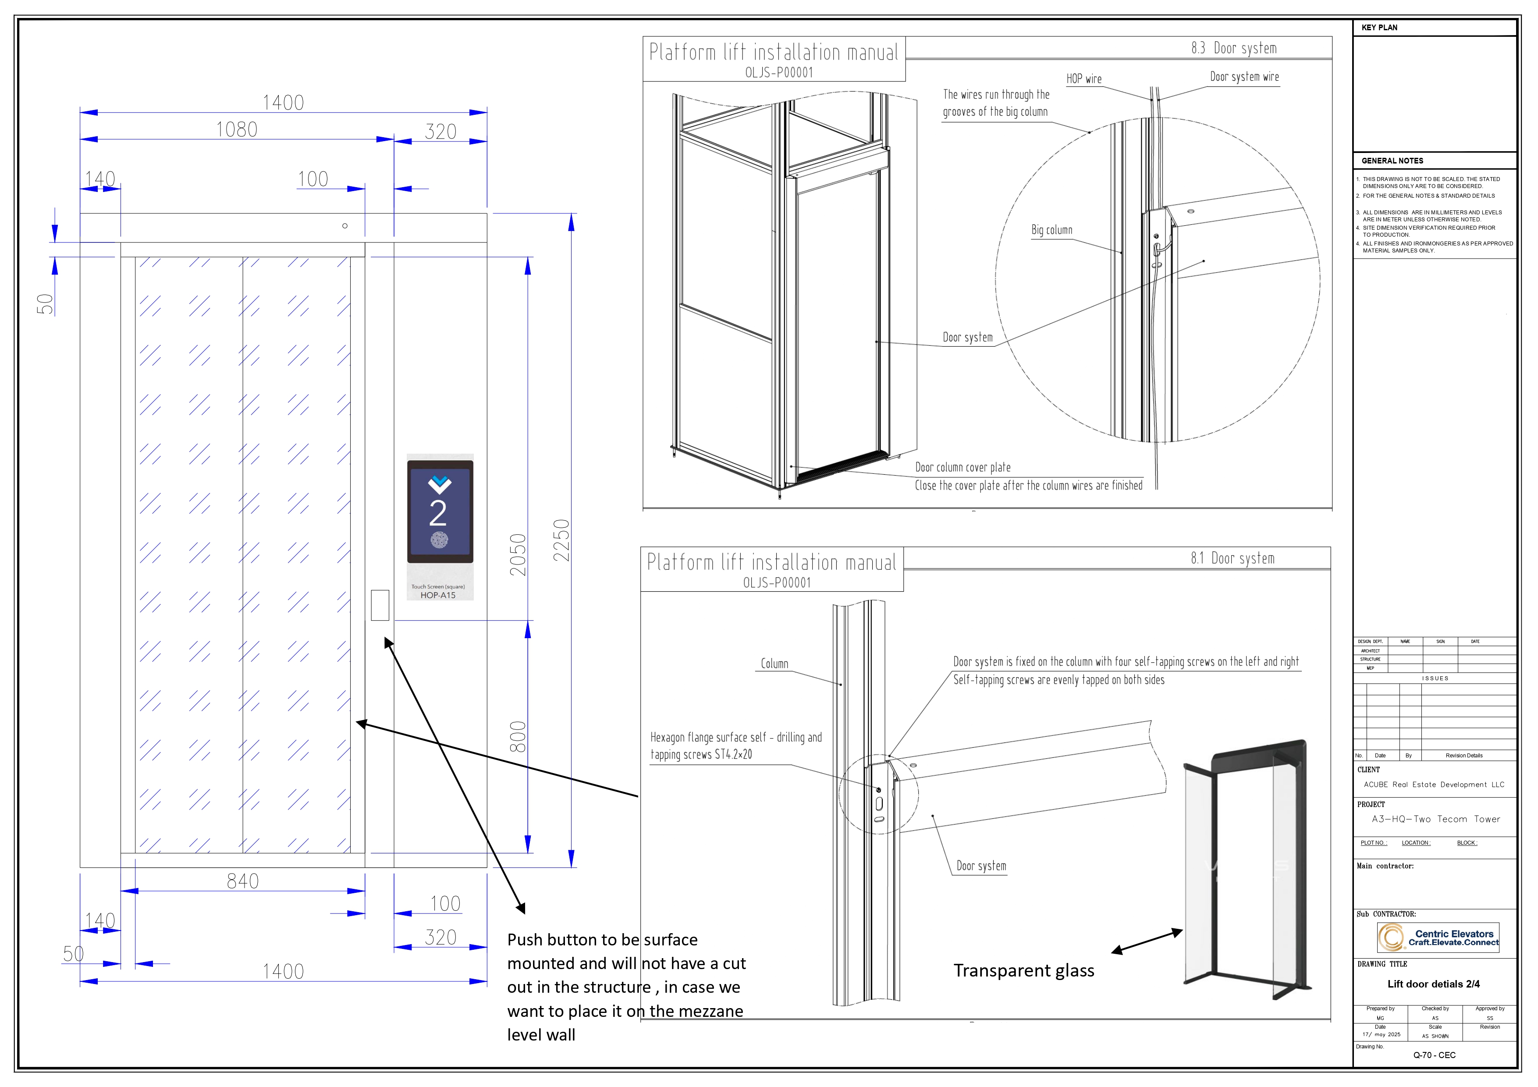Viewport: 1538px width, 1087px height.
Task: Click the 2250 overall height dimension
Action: (561, 540)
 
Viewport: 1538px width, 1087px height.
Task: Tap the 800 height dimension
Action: (518, 737)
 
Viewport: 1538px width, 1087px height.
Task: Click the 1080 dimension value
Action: (236, 129)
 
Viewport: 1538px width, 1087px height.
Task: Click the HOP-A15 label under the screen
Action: (438, 595)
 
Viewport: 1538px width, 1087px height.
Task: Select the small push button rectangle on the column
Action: (380, 605)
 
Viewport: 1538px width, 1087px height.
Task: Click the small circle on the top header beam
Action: (345, 226)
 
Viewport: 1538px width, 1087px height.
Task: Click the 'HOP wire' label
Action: (1084, 79)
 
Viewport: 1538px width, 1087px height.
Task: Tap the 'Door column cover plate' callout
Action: (963, 468)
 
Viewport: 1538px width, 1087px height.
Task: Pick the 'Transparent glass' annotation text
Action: (1023, 970)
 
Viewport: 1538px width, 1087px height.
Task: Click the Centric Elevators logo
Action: (1438, 938)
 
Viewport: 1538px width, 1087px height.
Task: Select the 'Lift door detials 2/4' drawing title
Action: (1434, 984)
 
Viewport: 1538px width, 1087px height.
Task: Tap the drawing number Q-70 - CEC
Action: (1434, 1055)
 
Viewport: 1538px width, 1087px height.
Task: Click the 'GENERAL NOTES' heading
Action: (1392, 161)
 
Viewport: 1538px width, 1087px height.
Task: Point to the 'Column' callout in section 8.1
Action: (774, 664)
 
